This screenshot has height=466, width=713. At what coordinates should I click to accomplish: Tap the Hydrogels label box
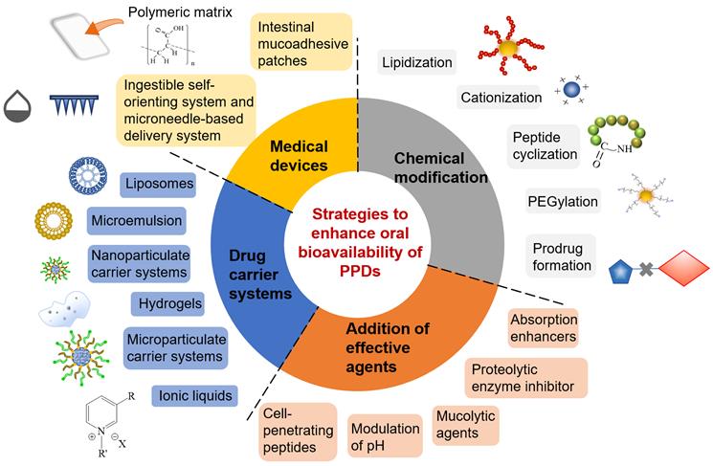[164, 302]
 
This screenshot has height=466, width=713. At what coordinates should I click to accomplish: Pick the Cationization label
[501, 97]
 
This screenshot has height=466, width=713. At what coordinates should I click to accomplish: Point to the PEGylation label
[563, 201]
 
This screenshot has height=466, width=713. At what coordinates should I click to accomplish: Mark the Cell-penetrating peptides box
[296, 429]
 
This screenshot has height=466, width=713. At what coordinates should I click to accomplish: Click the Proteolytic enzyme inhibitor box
[526, 376]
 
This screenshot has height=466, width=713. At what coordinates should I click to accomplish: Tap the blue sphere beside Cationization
[571, 90]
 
